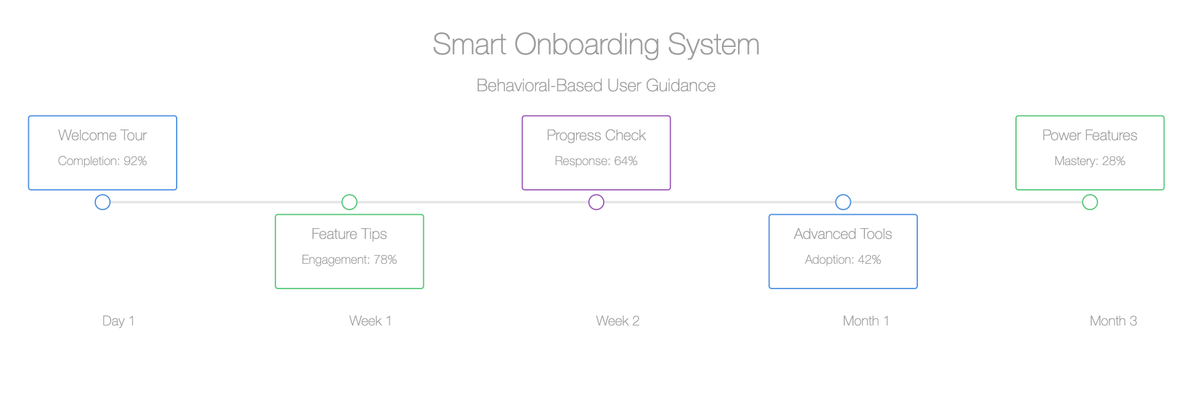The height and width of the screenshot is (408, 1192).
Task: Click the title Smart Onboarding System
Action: click(x=596, y=45)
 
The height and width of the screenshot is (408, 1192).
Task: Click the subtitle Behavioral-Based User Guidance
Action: click(x=596, y=85)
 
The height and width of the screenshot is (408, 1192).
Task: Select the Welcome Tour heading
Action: click(x=102, y=135)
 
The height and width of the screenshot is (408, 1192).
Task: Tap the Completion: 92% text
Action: click(x=102, y=161)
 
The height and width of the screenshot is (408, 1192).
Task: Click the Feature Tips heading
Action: click(x=349, y=234)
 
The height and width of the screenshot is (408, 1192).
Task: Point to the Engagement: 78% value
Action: click(x=349, y=260)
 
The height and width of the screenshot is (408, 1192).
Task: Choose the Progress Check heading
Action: click(x=596, y=135)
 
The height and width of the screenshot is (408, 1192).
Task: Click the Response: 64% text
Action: click(x=596, y=161)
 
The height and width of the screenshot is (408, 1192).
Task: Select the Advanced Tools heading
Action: click(x=843, y=234)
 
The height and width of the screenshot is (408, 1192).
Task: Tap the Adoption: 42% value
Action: click(x=843, y=260)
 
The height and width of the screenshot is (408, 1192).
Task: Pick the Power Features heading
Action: click(x=1090, y=135)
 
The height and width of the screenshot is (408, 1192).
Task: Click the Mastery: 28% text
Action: click(x=1090, y=161)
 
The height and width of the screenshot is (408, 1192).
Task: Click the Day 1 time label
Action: click(x=118, y=321)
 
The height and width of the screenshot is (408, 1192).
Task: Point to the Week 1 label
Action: click(x=370, y=321)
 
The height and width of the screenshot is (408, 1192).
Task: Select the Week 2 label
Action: click(x=618, y=321)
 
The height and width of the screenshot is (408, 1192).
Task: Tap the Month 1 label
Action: click(x=866, y=321)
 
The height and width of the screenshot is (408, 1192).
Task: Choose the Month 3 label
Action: click(x=1113, y=321)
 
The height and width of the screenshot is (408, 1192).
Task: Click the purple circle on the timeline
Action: click(x=596, y=195)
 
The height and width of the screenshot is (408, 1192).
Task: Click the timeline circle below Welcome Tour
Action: click(x=102, y=195)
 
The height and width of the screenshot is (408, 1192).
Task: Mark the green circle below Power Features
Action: click(x=1090, y=195)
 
